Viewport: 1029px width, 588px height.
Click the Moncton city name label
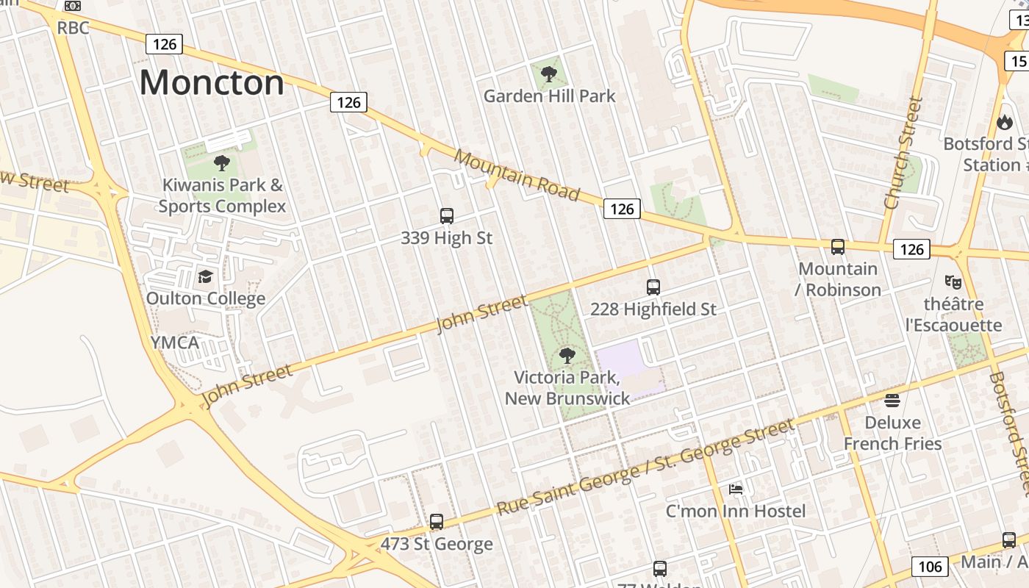click(x=212, y=82)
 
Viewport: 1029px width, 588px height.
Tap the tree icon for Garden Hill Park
click(x=548, y=74)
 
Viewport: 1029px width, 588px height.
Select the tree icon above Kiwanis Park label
click(x=221, y=163)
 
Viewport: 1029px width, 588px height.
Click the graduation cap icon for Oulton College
click(x=205, y=277)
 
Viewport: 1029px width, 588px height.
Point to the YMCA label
click(x=174, y=343)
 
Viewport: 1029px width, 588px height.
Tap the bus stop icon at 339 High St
click(x=446, y=216)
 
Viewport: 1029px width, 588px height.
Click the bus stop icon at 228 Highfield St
click(x=653, y=287)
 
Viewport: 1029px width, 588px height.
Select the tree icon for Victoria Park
click(x=567, y=356)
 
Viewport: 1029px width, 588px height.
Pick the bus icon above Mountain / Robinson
click(x=837, y=247)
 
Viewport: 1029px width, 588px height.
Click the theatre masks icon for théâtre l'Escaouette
click(x=953, y=282)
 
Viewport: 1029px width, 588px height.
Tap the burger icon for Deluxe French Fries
click(x=892, y=401)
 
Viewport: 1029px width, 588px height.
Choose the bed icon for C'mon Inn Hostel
click(x=736, y=489)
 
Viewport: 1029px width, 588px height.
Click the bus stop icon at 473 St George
click(x=437, y=522)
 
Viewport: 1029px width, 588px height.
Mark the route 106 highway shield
click(x=930, y=567)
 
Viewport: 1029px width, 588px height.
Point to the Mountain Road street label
click(x=517, y=175)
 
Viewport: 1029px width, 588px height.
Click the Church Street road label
click(x=903, y=153)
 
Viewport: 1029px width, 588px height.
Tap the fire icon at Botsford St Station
click(x=1004, y=122)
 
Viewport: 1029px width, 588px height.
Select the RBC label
click(x=73, y=28)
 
